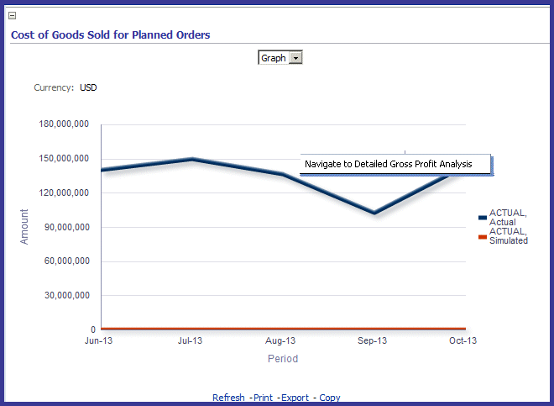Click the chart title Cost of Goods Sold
coord(110,35)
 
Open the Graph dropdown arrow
coord(295,58)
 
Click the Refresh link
coord(228,398)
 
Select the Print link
coord(262,398)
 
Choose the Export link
coord(295,398)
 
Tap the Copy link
coord(330,398)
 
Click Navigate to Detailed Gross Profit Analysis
coord(388,164)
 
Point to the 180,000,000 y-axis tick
coord(65,124)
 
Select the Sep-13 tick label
coord(372,340)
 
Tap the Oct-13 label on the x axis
coord(463,340)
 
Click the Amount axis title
coord(24,227)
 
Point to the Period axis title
coord(283,358)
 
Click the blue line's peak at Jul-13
coord(192,159)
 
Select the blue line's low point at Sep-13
coord(374,213)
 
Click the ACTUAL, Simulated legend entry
coord(508,235)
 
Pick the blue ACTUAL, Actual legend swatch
coord(482,217)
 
